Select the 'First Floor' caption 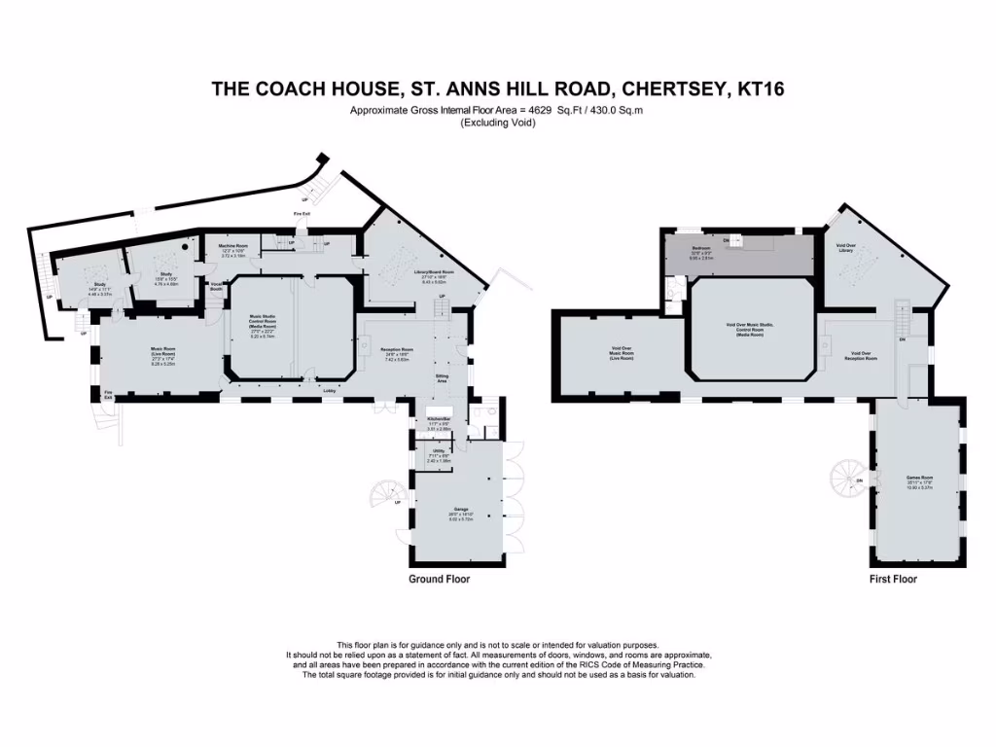tap(893, 579)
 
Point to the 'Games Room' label tap(919, 479)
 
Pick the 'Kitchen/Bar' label tap(442, 421)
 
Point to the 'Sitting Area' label tap(442, 377)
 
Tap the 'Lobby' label tap(330, 391)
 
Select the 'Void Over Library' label tap(845, 248)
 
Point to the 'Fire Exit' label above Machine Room tap(302, 213)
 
